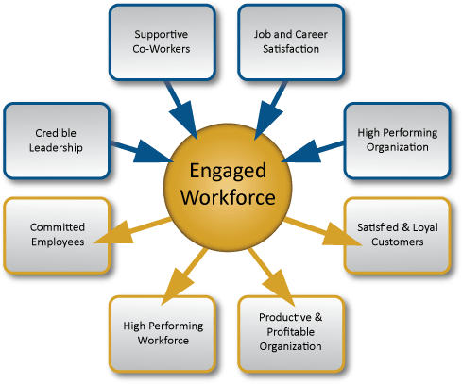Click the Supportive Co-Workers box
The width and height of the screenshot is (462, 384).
[x=163, y=42]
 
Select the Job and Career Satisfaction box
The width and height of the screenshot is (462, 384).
[x=291, y=42]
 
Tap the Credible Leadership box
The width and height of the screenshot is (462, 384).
[x=57, y=141]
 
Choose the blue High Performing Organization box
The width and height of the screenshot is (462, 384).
[x=398, y=141]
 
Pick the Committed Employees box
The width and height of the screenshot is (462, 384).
[x=57, y=235]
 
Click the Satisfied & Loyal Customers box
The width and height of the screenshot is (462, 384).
[x=398, y=235]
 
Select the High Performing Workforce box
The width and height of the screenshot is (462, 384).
[x=163, y=334]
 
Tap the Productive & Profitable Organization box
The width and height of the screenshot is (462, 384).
[x=291, y=334]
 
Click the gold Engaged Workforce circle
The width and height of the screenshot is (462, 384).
[x=228, y=188]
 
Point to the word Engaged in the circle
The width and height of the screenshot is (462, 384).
[x=228, y=172]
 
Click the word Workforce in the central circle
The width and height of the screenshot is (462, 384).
[x=228, y=197]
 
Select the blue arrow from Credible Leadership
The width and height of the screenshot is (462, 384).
[x=142, y=151]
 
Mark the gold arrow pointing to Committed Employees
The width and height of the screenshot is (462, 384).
[x=132, y=230]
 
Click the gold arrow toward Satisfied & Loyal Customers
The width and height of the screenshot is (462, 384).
[x=323, y=231]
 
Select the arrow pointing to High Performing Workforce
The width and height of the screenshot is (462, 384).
[x=184, y=276]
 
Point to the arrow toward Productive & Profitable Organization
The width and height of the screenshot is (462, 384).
[x=271, y=276]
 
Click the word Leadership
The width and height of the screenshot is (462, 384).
[x=56, y=148]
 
